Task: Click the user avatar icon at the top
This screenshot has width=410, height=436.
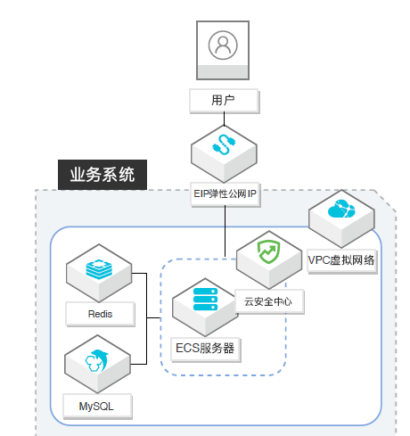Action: click(223, 45)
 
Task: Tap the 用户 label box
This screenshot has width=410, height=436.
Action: click(225, 101)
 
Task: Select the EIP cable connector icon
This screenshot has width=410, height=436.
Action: click(224, 144)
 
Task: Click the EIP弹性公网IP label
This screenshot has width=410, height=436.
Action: click(225, 194)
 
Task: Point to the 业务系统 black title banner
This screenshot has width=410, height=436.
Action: click(102, 175)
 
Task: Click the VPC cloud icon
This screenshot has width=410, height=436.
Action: click(341, 209)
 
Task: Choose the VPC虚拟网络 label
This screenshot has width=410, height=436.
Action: click(341, 261)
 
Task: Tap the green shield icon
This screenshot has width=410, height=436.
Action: click(268, 252)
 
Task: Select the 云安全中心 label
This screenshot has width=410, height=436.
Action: click(269, 301)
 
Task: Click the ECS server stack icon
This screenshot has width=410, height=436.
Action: click(205, 299)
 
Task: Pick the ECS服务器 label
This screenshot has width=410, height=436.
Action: click(205, 349)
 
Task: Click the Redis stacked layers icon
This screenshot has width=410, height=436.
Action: click(99, 269)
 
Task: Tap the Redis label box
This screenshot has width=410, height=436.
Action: click(100, 314)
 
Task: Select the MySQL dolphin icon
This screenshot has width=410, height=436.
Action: click(97, 361)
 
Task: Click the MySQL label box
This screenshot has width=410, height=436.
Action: click(97, 407)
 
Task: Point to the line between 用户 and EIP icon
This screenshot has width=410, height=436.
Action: click(224, 119)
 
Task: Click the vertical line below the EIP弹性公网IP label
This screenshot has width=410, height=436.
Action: click(225, 231)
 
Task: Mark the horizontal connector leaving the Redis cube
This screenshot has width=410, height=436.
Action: click(139, 273)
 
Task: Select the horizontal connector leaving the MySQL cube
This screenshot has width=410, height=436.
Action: click(138, 364)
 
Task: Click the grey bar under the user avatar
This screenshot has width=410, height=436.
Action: click(223, 72)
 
